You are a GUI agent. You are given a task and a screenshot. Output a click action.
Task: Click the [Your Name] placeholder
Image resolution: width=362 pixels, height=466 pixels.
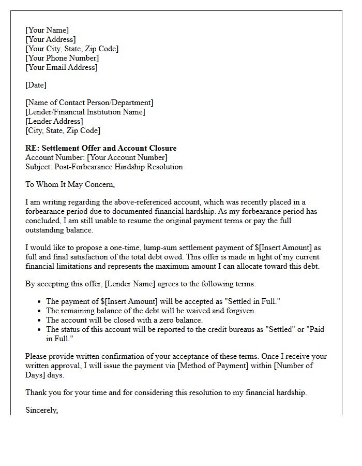(47, 30)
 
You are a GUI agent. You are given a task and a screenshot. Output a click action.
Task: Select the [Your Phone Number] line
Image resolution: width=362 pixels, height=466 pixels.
(62, 58)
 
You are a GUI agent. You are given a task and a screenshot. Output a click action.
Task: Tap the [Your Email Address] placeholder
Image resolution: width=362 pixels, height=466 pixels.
(62, 67)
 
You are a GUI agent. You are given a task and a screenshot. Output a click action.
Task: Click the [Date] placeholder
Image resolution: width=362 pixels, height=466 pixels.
(36, 85)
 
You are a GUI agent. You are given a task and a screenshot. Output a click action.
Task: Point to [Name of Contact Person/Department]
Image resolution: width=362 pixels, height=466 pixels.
(89, 103)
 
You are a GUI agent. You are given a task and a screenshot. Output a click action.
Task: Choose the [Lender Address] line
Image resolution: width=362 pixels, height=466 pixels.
(54, 121)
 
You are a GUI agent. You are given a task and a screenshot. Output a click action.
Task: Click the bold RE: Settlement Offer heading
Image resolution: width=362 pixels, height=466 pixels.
(101, 148)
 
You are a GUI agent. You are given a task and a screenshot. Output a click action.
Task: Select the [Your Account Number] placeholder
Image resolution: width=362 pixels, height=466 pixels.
(127, 157)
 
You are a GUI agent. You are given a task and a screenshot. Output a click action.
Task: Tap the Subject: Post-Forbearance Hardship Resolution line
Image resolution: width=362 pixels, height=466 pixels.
(104, 167)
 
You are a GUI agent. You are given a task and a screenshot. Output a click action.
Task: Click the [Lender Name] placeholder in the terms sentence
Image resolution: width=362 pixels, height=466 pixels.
(127, 284)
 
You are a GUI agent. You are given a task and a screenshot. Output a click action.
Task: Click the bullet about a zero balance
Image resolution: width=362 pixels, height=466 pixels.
(124, 320)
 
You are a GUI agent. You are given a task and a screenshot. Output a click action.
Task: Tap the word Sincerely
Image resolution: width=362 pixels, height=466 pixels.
(42, 410)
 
